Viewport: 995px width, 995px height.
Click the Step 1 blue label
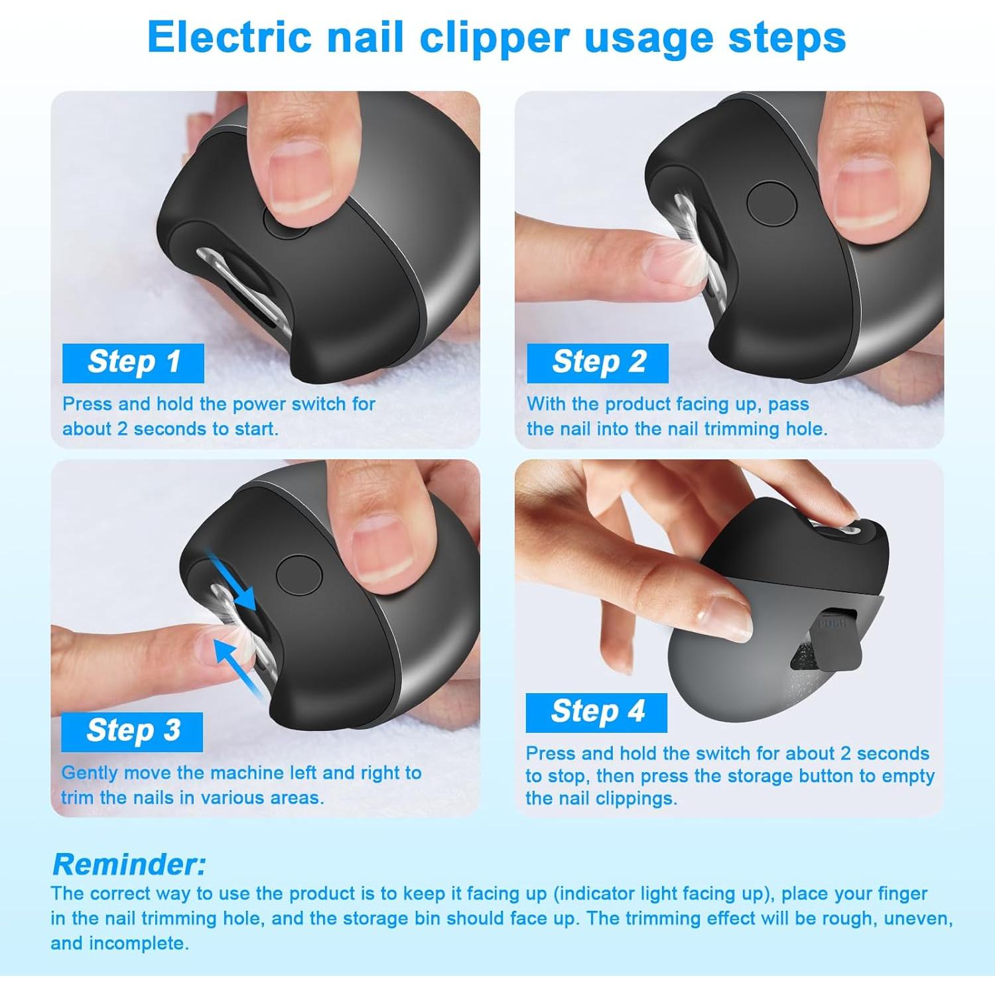pyautogui.click(x=133, y=363)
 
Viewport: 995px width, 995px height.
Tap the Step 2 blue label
pyautogui.click(x=598, y=363)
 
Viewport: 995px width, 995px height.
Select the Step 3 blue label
pyautogui.click(x=132, y=732)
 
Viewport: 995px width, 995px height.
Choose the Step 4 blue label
pyautogui.click(x=596, y=712)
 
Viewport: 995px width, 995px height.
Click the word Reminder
pyautogui.click(x=129, y=864)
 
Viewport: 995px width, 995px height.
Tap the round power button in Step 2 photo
pyautogui.click(x=771, y=204)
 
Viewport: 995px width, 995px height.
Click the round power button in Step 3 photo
pyautogui.click(x=299, y=574)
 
